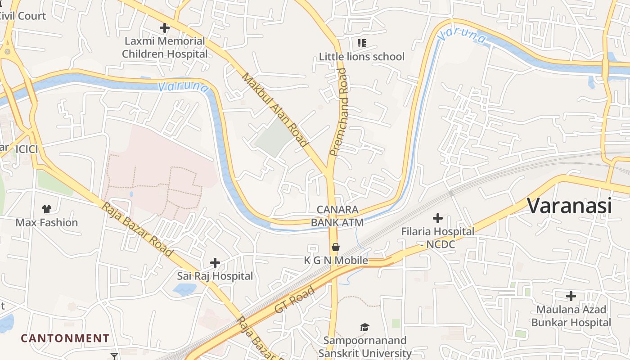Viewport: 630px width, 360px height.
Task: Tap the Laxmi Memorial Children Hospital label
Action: click(x=165, y=48)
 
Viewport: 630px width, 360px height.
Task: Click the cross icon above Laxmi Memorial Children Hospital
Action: click(x=165, y=28)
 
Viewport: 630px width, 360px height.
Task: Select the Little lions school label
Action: click(x=362, y=57)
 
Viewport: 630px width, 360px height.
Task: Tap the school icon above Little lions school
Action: click(x=362, y=43)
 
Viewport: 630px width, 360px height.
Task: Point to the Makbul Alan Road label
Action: click(x=274, y=110)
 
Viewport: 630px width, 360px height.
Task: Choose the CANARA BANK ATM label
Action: click(x=337, y=216)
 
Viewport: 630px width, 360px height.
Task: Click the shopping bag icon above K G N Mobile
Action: click(x=335, y=247)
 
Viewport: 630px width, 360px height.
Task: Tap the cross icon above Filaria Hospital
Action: click(x=437, y=219)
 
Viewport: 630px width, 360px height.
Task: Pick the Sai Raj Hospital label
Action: click(x=215, y=276)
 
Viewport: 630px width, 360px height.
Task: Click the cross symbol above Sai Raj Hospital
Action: click(x=215, y=262)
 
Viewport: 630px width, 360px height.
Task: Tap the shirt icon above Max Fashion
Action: click(x=47, y=209)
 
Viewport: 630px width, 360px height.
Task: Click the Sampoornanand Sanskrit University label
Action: click(x=364, y=347)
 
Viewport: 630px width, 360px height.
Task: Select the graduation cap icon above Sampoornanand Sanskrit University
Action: click(x=364, y=327)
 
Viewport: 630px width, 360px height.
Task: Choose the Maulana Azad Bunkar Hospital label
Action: click(x=571, y=316)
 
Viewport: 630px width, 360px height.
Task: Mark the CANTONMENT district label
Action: click(x=65, y=338)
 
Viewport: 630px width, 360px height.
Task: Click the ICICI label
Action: click(x=27, y=149)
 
